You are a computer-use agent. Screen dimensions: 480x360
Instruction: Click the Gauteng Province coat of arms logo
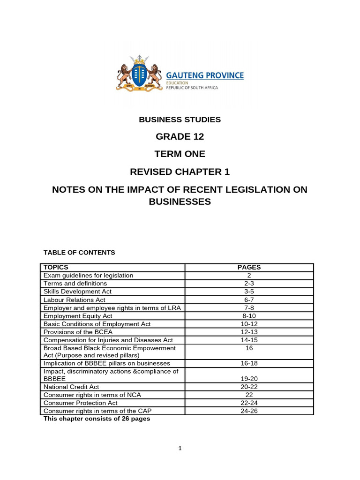[x=139, y=73]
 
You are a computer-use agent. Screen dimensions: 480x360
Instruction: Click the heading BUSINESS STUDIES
[x=180, y=120]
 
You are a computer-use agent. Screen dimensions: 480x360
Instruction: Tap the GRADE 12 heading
[x=180, y=137]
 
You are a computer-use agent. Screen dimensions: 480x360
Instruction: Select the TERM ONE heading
[x=180, y=154]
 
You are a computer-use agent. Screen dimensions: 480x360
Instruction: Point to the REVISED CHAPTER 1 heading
[x=180, y=172]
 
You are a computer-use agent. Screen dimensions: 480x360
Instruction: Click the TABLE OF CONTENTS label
[x=79, y=252]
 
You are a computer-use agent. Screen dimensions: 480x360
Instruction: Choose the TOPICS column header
[x=56, y=268]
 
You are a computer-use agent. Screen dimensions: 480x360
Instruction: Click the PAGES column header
[x=249, y=268]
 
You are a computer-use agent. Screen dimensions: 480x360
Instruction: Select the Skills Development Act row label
[x=77, y=292]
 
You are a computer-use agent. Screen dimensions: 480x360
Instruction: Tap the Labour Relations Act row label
[x=74, y=300]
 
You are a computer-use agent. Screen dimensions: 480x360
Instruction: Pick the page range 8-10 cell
[x=249, y=316]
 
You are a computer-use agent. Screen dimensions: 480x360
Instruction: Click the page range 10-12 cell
[x=249, y=324]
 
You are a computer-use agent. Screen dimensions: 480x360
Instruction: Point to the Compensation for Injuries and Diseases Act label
[x=108, y=340]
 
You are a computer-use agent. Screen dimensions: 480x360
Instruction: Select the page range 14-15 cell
[x=249, y=340]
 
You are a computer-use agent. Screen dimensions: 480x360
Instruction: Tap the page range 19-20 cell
[x=249, y=379]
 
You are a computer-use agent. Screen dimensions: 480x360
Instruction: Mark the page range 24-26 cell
[x=249, y=411]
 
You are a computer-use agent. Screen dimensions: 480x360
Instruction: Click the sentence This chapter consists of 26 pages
[x=97, y=419]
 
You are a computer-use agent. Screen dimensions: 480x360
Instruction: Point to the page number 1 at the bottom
[x=180, y=448]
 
